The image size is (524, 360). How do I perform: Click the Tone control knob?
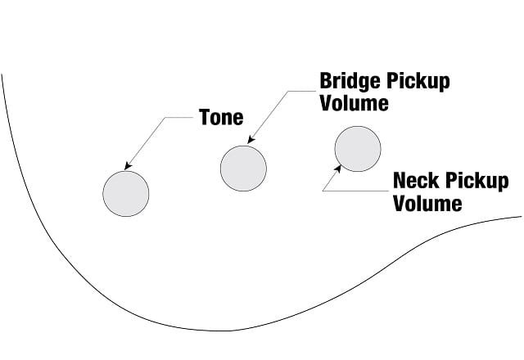point(126,194)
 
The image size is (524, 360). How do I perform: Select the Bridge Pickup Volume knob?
point(244,169)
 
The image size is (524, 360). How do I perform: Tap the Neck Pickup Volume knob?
point(358,149)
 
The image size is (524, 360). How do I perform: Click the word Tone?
point(221,117)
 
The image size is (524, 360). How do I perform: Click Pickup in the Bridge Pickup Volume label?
point(418,82)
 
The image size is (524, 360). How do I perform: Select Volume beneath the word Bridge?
point(355,103)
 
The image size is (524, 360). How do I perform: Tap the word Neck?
point(416,181)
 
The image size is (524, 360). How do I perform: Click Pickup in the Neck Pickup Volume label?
point(477,182)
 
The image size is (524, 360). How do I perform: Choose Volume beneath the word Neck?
point(427,203)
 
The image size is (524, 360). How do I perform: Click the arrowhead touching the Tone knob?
point(128,166)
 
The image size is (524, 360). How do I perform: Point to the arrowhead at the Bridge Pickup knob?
point(251,140)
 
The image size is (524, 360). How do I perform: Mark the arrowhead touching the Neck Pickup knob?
point(338,169)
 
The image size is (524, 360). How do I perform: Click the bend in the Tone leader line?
point(165,118)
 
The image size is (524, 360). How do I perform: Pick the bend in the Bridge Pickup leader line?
point(288,91)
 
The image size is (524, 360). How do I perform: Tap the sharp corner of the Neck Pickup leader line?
point(323,191)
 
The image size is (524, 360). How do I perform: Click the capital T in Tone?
point(205,117)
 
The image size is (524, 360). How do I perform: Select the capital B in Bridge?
point(326,81)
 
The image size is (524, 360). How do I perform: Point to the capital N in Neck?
point(400,181)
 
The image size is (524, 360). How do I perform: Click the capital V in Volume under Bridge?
point(327,103)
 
